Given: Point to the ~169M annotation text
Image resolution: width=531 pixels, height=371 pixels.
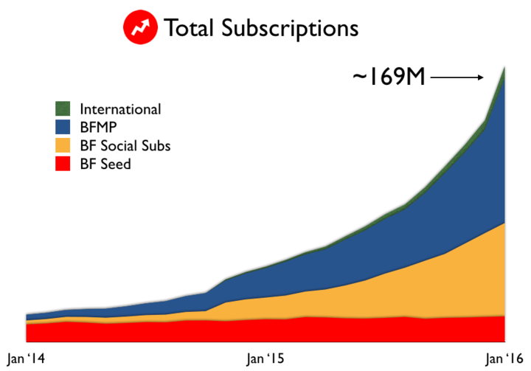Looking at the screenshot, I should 389,77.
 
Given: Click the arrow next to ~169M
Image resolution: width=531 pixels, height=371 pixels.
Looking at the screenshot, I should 457,76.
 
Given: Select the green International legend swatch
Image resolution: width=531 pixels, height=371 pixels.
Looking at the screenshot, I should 63,109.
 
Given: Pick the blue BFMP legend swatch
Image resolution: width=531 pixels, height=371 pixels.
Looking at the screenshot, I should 63,128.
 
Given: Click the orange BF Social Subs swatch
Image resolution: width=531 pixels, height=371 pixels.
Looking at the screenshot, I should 63,145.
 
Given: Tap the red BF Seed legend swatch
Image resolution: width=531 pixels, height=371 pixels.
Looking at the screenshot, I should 63,163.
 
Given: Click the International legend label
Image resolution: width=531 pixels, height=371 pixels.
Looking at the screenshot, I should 120,109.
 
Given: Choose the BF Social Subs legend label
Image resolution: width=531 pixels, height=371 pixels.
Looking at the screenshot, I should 125,145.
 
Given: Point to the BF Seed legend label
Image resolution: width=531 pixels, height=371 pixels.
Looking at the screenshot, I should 105,164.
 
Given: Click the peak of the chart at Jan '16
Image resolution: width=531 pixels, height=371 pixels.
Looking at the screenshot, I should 504,69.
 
